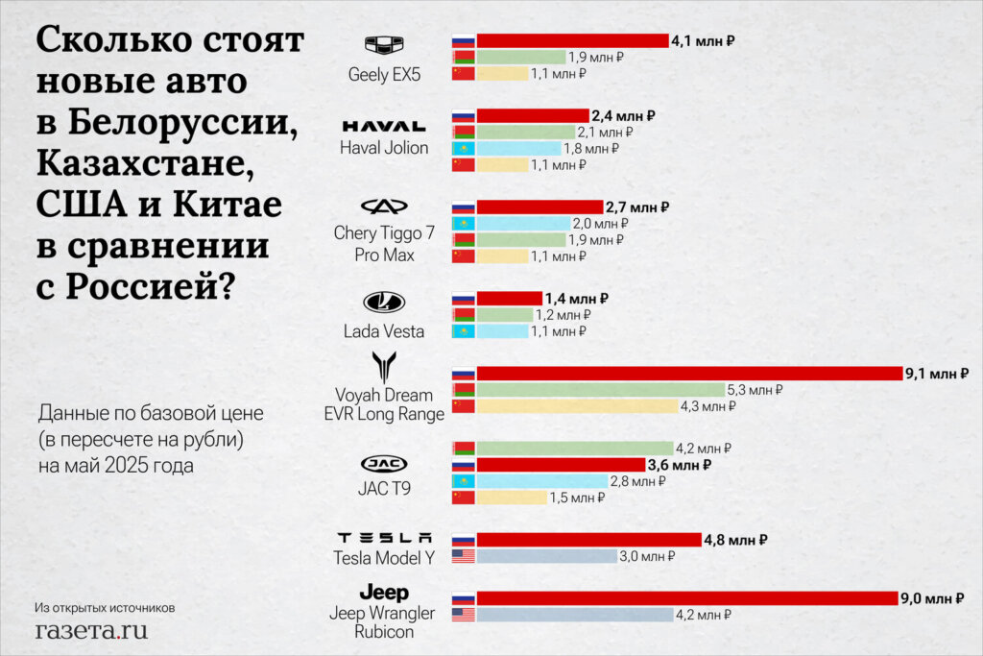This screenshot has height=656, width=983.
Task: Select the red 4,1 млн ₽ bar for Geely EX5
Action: coord(572,40)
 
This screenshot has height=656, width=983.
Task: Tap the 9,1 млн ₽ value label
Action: coord(936,373)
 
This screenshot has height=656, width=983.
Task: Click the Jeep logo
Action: coord(383,593)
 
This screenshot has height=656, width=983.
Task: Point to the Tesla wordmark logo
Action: coord(384,538)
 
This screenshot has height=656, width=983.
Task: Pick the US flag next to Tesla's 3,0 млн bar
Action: coord(463,556)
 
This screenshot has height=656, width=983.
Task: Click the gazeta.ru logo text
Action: coord(91,630)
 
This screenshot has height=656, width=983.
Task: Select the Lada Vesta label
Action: coord(383,331)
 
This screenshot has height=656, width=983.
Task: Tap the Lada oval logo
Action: coord(383,303)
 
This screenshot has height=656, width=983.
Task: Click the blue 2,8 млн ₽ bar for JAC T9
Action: coord(542,481)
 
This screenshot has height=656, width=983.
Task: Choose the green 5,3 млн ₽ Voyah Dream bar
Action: coord(600,390)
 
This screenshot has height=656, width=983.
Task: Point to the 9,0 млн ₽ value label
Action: coord(931,598)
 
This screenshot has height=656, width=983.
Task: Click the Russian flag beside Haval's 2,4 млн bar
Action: coord(463,115)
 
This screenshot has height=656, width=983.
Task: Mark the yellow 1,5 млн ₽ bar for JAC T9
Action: coord(512,498)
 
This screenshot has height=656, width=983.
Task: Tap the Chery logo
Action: coord(383,207)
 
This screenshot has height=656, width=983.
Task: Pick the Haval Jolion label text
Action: coord(383,148)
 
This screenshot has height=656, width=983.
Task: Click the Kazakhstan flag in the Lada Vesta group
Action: coord(463,331)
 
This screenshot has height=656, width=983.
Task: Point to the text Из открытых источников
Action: coord(105,607)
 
